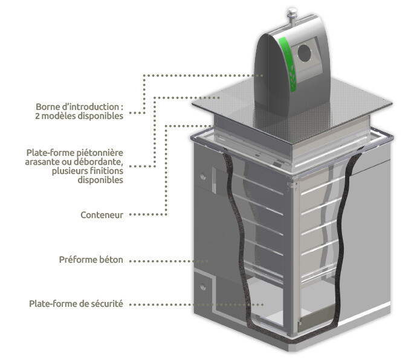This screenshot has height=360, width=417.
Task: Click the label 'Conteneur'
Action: tap(102, 214)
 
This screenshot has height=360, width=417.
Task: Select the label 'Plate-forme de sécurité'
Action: tap(76, 303)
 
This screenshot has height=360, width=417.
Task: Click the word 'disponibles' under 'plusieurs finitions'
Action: tap(103, 180)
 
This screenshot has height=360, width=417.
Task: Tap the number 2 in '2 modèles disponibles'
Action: tap(38, 116)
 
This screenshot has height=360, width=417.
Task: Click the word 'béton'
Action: tap(112, 260)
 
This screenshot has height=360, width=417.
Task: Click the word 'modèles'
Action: tap(59, 116)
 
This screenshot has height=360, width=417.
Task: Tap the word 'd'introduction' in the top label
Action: tap(91, 107)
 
